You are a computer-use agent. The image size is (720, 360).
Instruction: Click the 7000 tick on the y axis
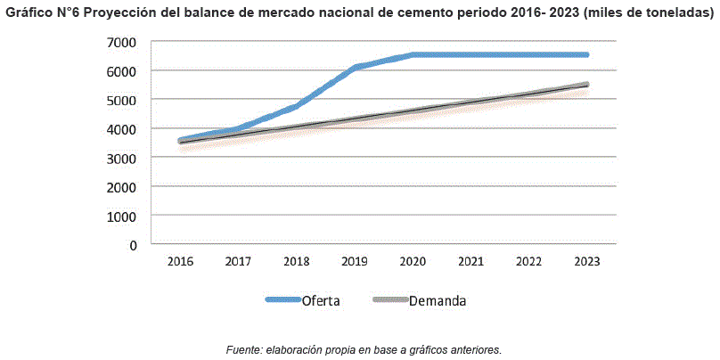(x=122, y=42)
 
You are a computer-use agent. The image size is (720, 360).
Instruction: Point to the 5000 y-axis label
(x=122, y=100)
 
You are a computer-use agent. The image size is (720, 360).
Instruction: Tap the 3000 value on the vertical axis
(x=122, y=158)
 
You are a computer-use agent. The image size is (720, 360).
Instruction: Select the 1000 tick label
(x=122, y=216)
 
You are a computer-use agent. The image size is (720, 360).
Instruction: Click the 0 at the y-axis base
(x=133, y=244)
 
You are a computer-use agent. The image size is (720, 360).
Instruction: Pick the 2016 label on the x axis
(x=180, y=261)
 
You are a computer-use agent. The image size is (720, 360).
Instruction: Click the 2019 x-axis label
(x=355, y=261)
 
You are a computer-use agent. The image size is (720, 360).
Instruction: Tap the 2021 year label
(x=470, y=261)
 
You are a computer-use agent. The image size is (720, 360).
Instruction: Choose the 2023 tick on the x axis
(x=586, y=261)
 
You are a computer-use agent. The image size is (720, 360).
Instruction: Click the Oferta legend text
(x=321, y=301)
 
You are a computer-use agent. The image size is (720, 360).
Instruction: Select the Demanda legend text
(x=438, y=301)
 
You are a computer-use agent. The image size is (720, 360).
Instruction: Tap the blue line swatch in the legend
(x=282, y=300)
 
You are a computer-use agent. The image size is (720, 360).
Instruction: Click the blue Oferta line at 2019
(x=355, y=68)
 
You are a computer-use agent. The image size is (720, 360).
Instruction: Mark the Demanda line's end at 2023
(x=585, y=85)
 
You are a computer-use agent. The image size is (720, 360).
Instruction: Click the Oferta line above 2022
(x=528, y=54)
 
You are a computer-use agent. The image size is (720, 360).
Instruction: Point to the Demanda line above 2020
(x=413, y=110)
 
